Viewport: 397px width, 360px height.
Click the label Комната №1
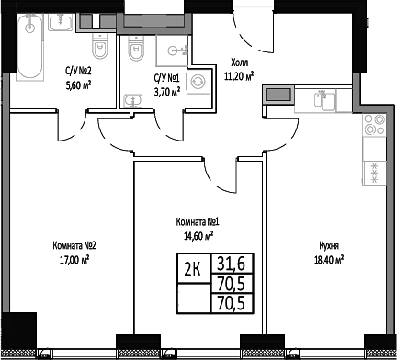(x=196, y=221)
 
